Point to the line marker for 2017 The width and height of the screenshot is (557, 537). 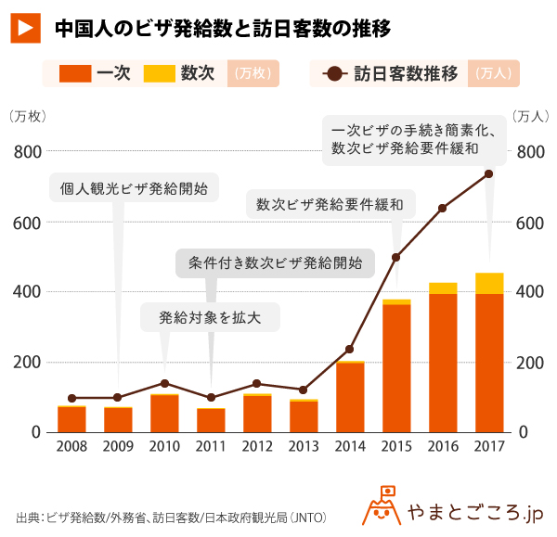click(x=488, y=173)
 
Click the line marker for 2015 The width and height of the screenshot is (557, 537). click(x=396, y=257)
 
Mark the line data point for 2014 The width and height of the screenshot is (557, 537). click(x=350, y=350)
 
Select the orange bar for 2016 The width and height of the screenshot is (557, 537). click(x=443, y=363)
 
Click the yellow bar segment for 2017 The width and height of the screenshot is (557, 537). click(x=488, y=283)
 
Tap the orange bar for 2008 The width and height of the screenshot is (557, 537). click(x=71, y=420)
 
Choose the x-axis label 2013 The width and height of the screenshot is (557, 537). click(x=304, y=449)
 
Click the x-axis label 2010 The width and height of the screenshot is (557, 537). click(x=164, y=449)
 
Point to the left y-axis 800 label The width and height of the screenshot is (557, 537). click(x=25, y=151)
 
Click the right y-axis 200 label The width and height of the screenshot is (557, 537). click(x=529, y=363)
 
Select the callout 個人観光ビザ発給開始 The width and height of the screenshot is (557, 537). click(x=134, y=188)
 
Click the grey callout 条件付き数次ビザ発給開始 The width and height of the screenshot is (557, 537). click(x=275, y=262)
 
